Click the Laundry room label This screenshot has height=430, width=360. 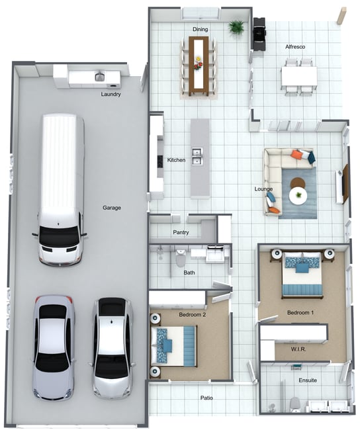tap(111, 95)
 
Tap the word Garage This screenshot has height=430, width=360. tap(112, 208)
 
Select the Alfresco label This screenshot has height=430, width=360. tap(295, 47)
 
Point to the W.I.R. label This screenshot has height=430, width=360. tap(298, 349)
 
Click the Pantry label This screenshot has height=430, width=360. tap(181, 233)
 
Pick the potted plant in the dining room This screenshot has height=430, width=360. tap(236, 27)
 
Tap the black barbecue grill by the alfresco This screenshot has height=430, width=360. tap(259, 34)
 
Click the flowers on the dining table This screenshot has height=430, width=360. tap(198, 64)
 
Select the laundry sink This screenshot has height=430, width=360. tap(100, 76)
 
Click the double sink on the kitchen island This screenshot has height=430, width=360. tap(197, 156)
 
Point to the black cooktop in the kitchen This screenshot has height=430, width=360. tap(159, 161)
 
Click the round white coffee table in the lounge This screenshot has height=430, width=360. tap(297, 196)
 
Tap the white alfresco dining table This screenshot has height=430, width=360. tap(299, 76)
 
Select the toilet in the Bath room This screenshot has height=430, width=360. tap(181, 258)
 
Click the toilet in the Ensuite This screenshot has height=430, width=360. tap(295, 404)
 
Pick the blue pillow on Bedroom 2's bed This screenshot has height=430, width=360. tap(167, 345)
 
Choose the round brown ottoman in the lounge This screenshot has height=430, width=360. tap(297, 183)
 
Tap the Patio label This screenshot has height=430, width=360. tap(206, 398)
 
